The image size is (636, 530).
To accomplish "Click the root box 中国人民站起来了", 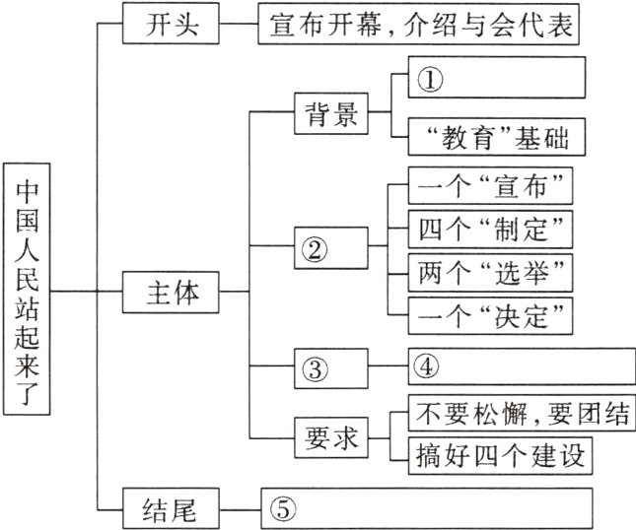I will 26,293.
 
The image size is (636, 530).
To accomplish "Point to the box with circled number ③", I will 331,367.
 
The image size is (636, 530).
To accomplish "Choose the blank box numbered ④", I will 516,366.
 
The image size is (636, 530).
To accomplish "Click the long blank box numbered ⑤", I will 426,508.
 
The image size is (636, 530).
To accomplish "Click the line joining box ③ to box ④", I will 386,367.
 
